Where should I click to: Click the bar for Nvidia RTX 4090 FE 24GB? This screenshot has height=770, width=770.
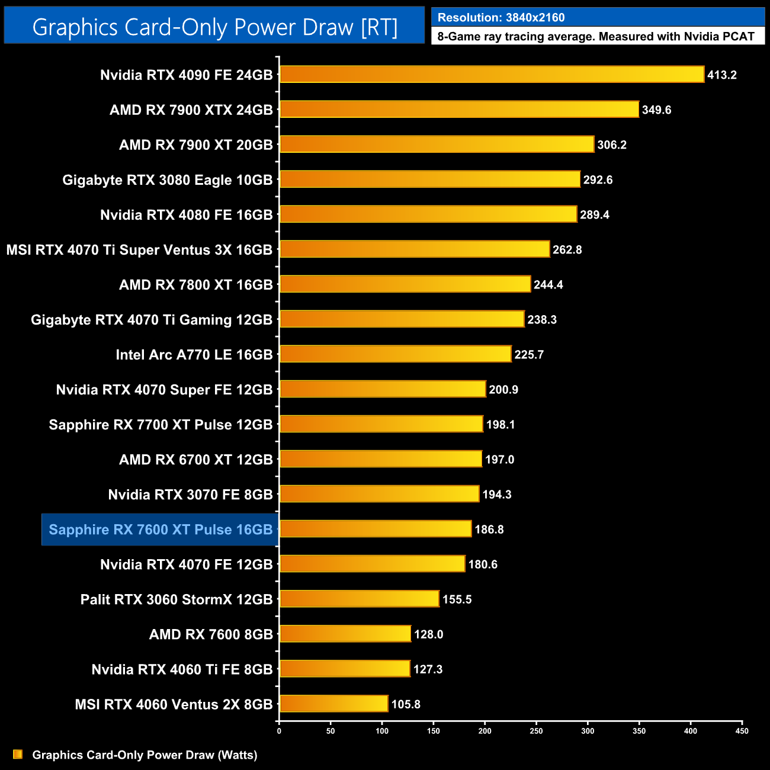pyautogui.click(x=492, y=75)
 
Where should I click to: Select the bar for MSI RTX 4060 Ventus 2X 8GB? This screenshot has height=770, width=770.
pyautogui.click(x=333, y=704)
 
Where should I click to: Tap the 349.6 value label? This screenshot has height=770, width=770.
pyautogui.click(x=656, y=110)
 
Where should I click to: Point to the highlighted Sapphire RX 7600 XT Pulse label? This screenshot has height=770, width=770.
pyautogui.click(x=161, y=530)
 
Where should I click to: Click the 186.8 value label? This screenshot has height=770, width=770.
pyautogui.click(x=489, y=530)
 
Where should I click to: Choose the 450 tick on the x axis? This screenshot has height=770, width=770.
pyautogui.click(x=742, y=731)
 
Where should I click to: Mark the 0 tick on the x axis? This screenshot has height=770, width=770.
pyautogui.click(x=279, y=731)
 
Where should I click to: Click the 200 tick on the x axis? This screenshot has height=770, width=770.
pyautogui.click(x=485, y=731)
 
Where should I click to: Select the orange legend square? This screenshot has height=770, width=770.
pyautogui.click(x=18, y=755)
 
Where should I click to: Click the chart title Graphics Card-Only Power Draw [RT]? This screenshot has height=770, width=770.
pyautogui.click(x=214, y=27)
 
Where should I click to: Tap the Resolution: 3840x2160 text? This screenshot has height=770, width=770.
pyautogui.click(x=501, y=18)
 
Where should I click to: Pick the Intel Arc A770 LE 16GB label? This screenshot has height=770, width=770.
pyautogui.click(x=194, y=355)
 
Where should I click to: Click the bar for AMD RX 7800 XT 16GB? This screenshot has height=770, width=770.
pyautogui.click(x=405, y=284)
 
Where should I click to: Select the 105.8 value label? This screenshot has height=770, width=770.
pyautogui.click(x=406, y=704)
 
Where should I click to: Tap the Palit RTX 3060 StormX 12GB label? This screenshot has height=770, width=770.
pyautogui.click(x=177, y=599)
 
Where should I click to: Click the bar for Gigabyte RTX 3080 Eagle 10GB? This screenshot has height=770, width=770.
pyautogui.click(x=429, y=179)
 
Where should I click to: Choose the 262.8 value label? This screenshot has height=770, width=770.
pyautogui.click(x=567, y=250)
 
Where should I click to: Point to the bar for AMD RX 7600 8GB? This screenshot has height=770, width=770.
pyautogui.click(x=345, y=634)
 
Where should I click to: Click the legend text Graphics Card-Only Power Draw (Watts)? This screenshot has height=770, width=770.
pyautogui.click(x=145, y=755)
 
